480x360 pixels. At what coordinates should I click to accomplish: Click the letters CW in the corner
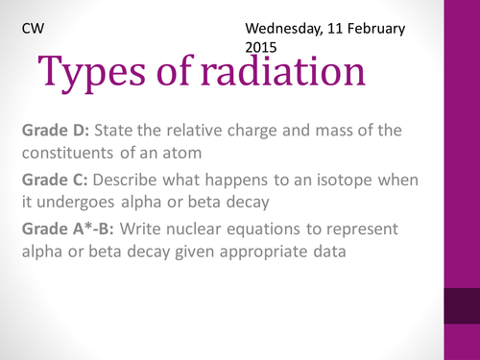click(32, 29)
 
